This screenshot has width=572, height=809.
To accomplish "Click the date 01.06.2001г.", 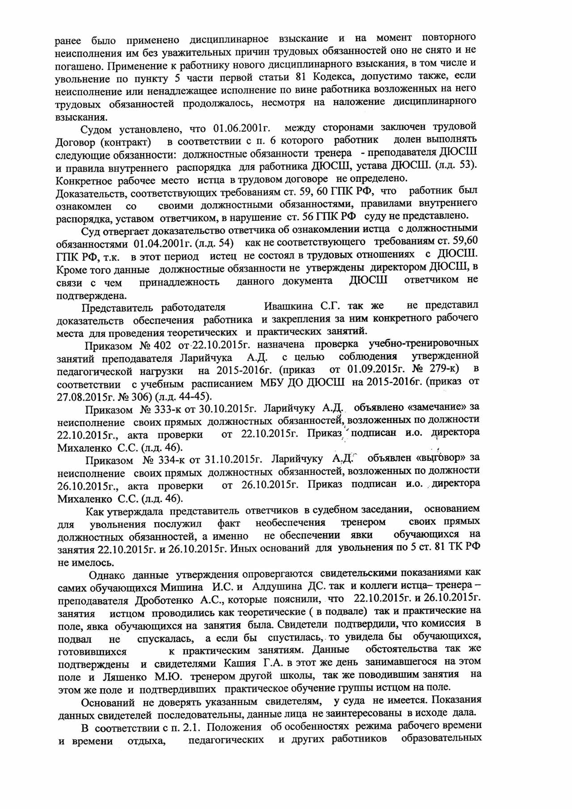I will coord(242,129).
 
